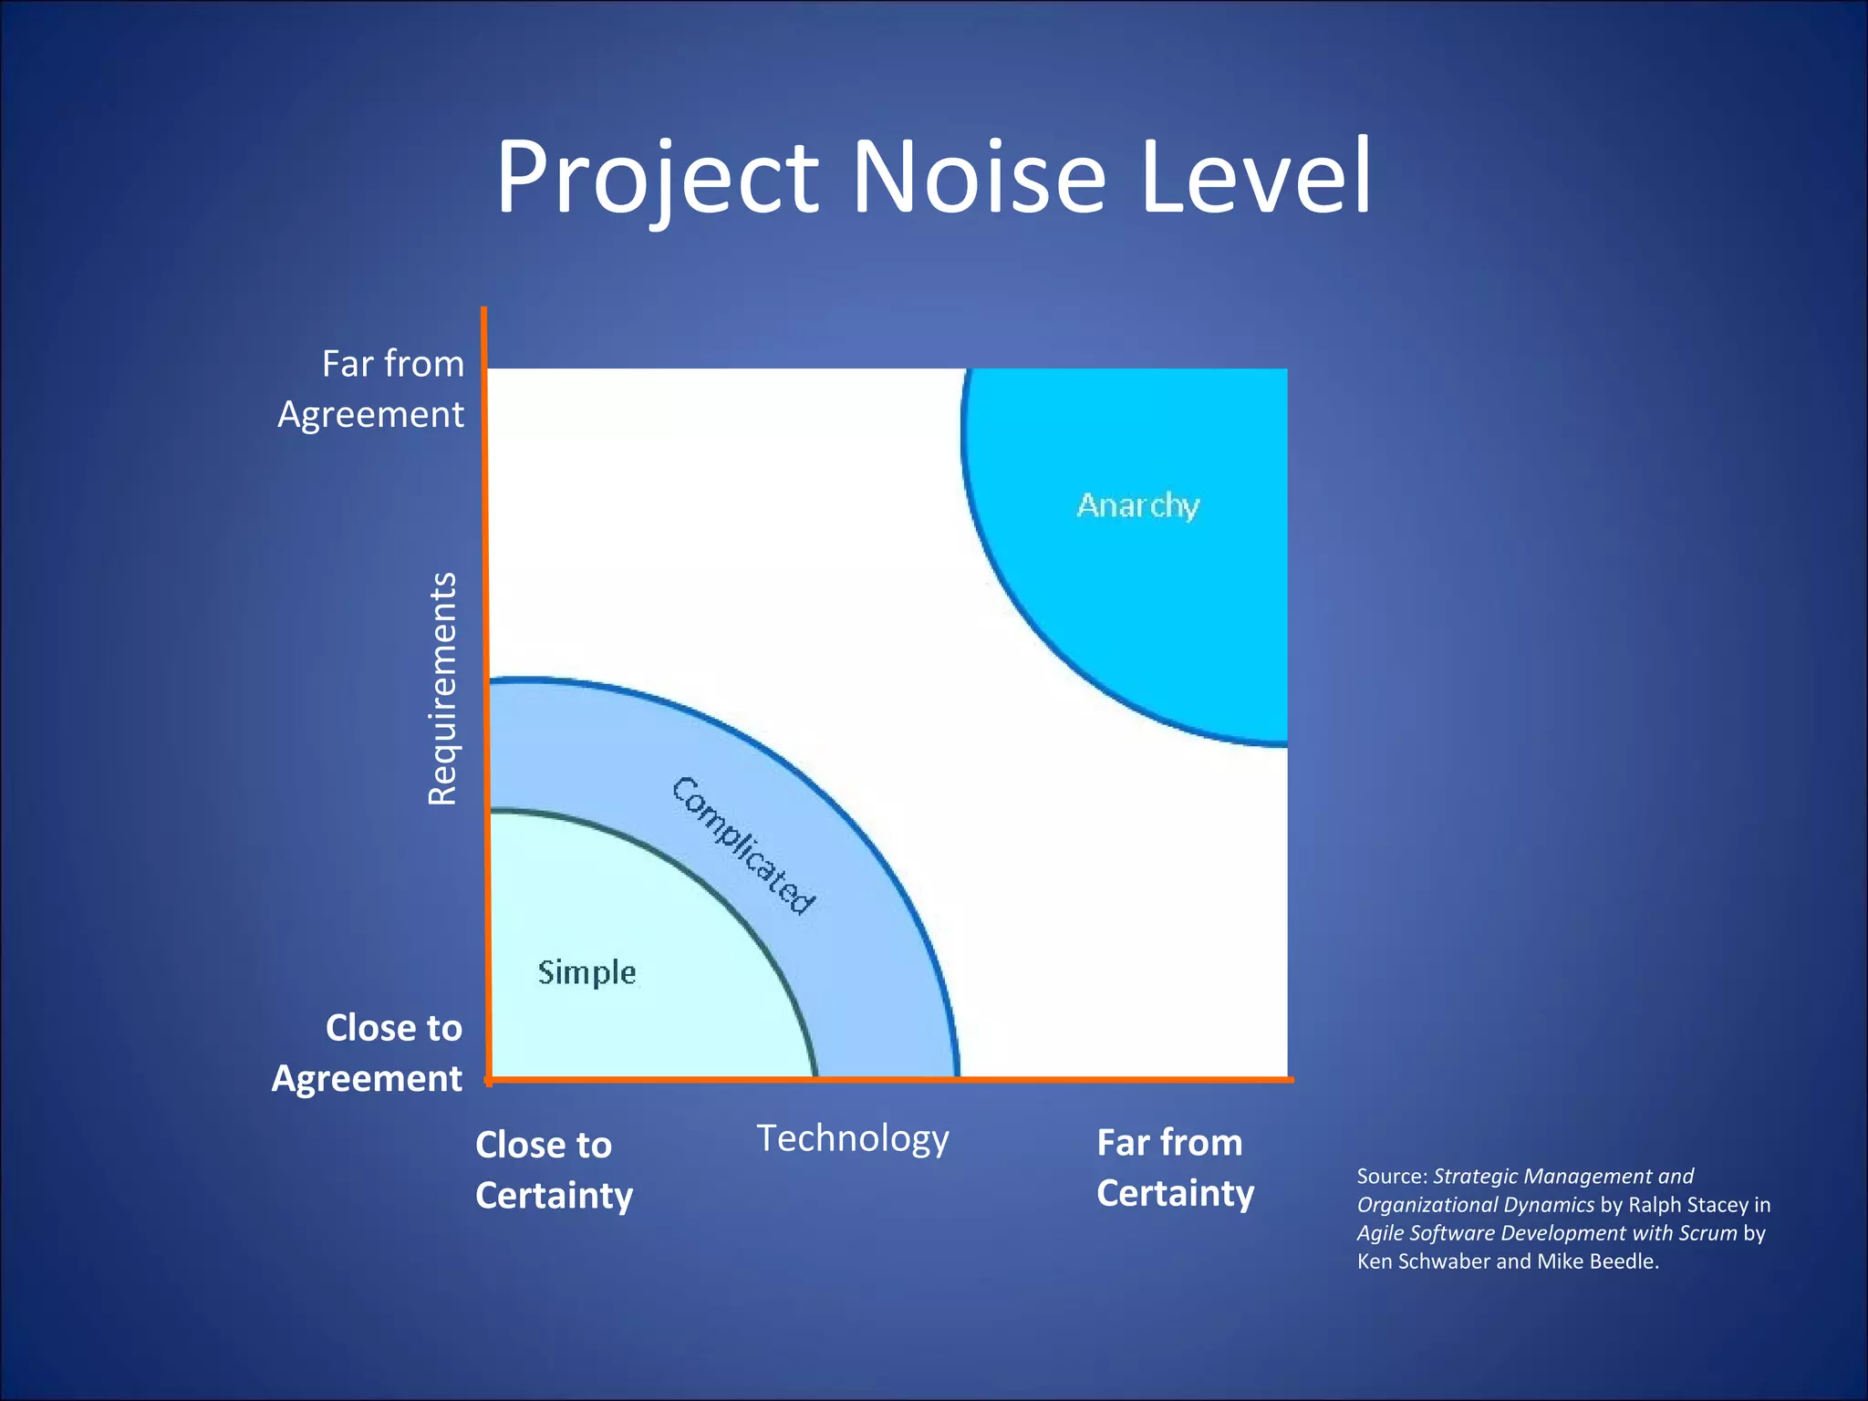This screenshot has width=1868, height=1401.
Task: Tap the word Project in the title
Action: click(657, 178)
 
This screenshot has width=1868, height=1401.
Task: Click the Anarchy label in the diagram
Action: click(1137, 505)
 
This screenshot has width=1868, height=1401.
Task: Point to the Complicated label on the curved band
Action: click(743, 845)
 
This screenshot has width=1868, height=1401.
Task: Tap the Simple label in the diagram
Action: click(586, 972)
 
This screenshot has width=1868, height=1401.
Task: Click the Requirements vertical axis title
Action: click(442, 689)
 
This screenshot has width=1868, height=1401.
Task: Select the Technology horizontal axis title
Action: click(853, 1138)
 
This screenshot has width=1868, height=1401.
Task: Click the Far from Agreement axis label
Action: click(371, 389)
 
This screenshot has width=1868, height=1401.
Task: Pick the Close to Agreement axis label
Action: click(368, 1053)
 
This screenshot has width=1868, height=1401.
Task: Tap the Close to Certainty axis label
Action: click(554, 1169)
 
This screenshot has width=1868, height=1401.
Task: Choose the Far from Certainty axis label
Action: click(1175, 1167)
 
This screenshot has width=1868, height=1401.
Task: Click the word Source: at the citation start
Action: click(1392, 1177)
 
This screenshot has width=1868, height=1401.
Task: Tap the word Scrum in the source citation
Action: click(1707, 1233)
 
